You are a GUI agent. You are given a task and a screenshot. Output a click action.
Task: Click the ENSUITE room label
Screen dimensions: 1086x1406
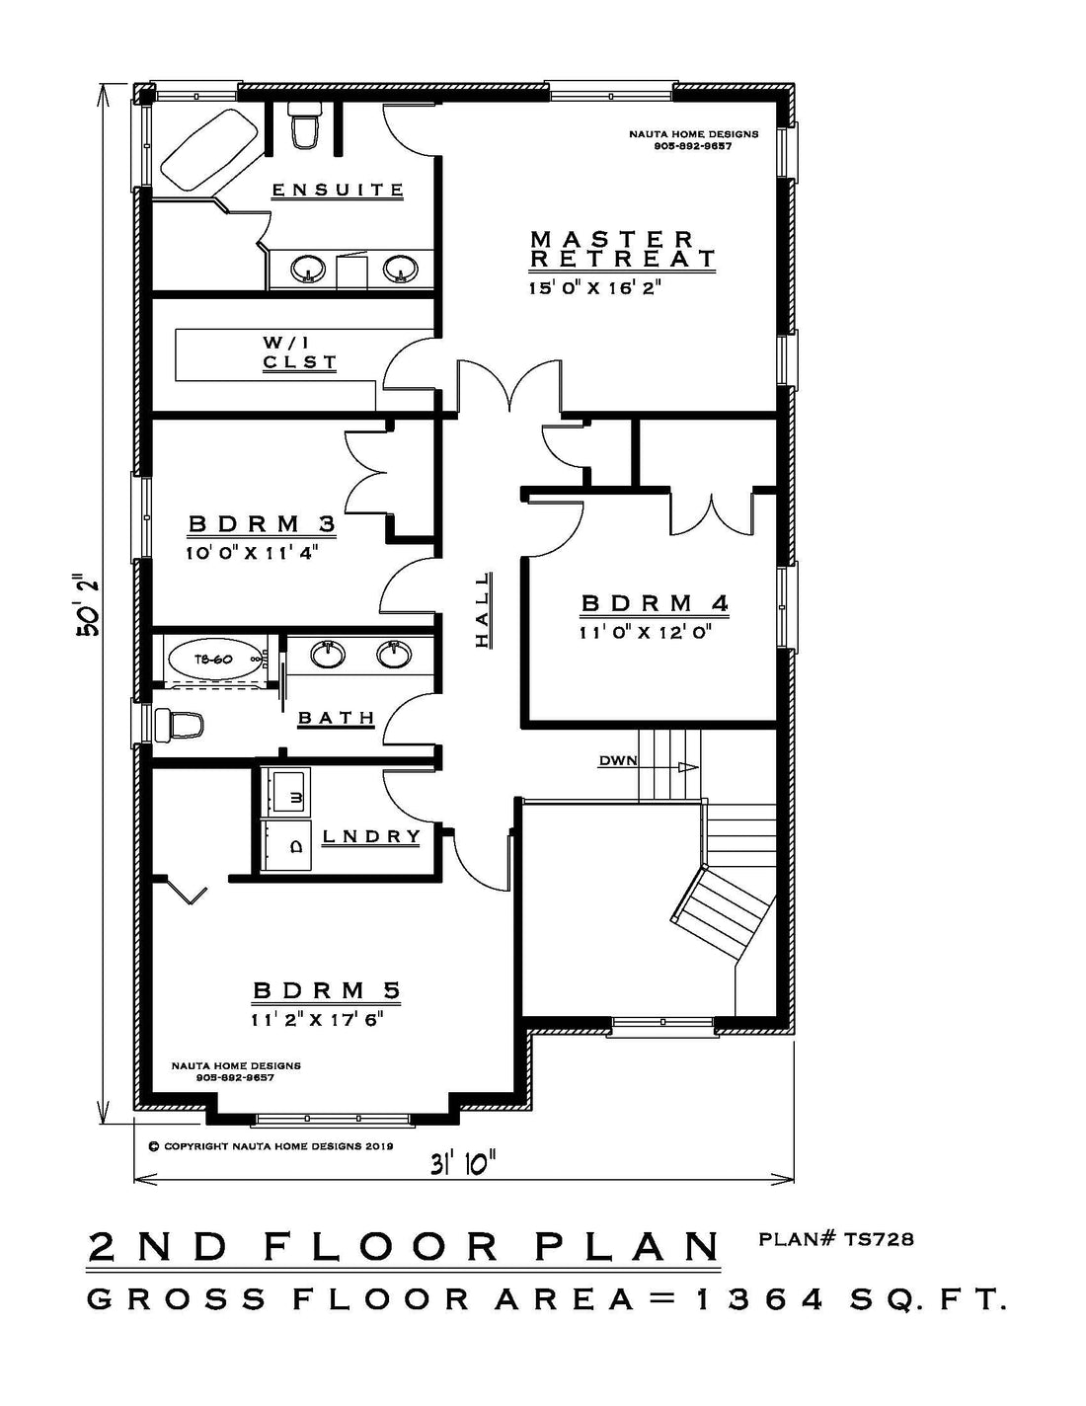tap(338, 191)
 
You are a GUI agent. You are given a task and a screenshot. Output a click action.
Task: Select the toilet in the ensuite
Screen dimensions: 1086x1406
tap(305, 124)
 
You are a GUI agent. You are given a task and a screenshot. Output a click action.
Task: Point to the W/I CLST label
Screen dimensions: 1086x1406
tap(300, 352)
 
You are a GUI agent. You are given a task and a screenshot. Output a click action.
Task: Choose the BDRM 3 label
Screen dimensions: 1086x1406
tap(262, 524)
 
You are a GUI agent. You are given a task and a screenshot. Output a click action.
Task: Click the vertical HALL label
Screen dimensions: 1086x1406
tap(483, 609)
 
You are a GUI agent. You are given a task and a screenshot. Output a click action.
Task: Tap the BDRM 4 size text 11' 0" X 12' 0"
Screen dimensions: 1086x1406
tap(646, 632)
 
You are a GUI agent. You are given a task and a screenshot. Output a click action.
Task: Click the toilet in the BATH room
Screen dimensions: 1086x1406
tap(179, 725)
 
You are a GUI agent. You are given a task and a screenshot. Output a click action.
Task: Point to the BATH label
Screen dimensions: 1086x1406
tap(337, 718)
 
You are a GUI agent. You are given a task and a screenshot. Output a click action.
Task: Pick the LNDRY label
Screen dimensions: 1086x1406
tap(371, 836)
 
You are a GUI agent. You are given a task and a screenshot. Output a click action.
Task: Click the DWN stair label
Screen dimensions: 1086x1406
tap(618, 761)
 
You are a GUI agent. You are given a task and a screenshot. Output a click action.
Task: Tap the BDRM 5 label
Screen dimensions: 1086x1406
tap(327, 990)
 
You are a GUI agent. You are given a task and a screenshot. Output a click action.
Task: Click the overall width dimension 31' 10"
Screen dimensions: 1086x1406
tap(464, 1164)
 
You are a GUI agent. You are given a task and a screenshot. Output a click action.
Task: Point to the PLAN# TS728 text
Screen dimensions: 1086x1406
tap(835, 1239)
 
